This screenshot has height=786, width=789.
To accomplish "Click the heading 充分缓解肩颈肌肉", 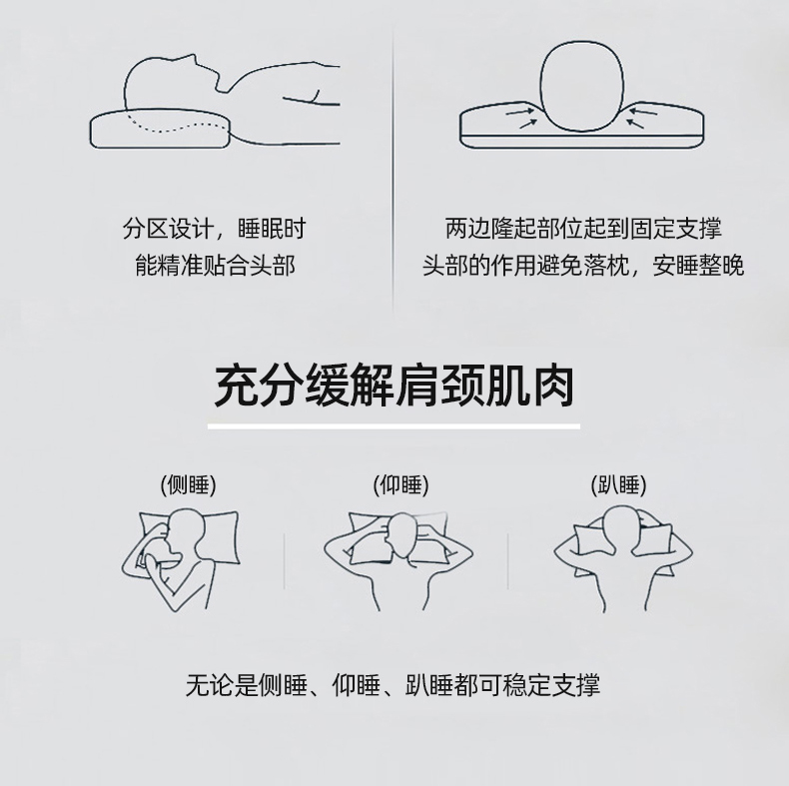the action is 394,386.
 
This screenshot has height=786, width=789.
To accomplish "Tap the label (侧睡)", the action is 188,485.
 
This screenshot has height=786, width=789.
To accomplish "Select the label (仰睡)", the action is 401,485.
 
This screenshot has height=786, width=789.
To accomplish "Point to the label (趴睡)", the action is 618,485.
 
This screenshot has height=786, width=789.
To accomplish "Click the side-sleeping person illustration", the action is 180,559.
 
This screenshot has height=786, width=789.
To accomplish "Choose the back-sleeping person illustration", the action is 398,561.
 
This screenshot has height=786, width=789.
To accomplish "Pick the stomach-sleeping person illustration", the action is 623,558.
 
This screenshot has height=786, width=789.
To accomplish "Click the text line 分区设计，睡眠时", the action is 215,229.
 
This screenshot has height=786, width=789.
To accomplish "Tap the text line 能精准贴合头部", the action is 215,266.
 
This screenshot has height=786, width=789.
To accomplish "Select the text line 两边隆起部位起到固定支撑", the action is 583,229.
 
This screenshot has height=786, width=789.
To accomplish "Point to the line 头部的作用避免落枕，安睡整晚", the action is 583,266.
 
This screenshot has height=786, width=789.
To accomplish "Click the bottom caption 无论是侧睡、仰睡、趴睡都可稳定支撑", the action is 393,685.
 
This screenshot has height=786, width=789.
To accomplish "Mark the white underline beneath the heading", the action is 394,426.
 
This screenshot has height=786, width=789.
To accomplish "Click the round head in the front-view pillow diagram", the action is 582,86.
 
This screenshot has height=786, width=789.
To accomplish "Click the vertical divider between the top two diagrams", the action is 394,171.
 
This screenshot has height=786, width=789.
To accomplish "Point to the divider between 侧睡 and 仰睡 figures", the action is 285,561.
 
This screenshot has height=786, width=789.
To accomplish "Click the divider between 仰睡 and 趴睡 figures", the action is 507,561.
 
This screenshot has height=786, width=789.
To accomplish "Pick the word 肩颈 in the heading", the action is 438,386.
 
